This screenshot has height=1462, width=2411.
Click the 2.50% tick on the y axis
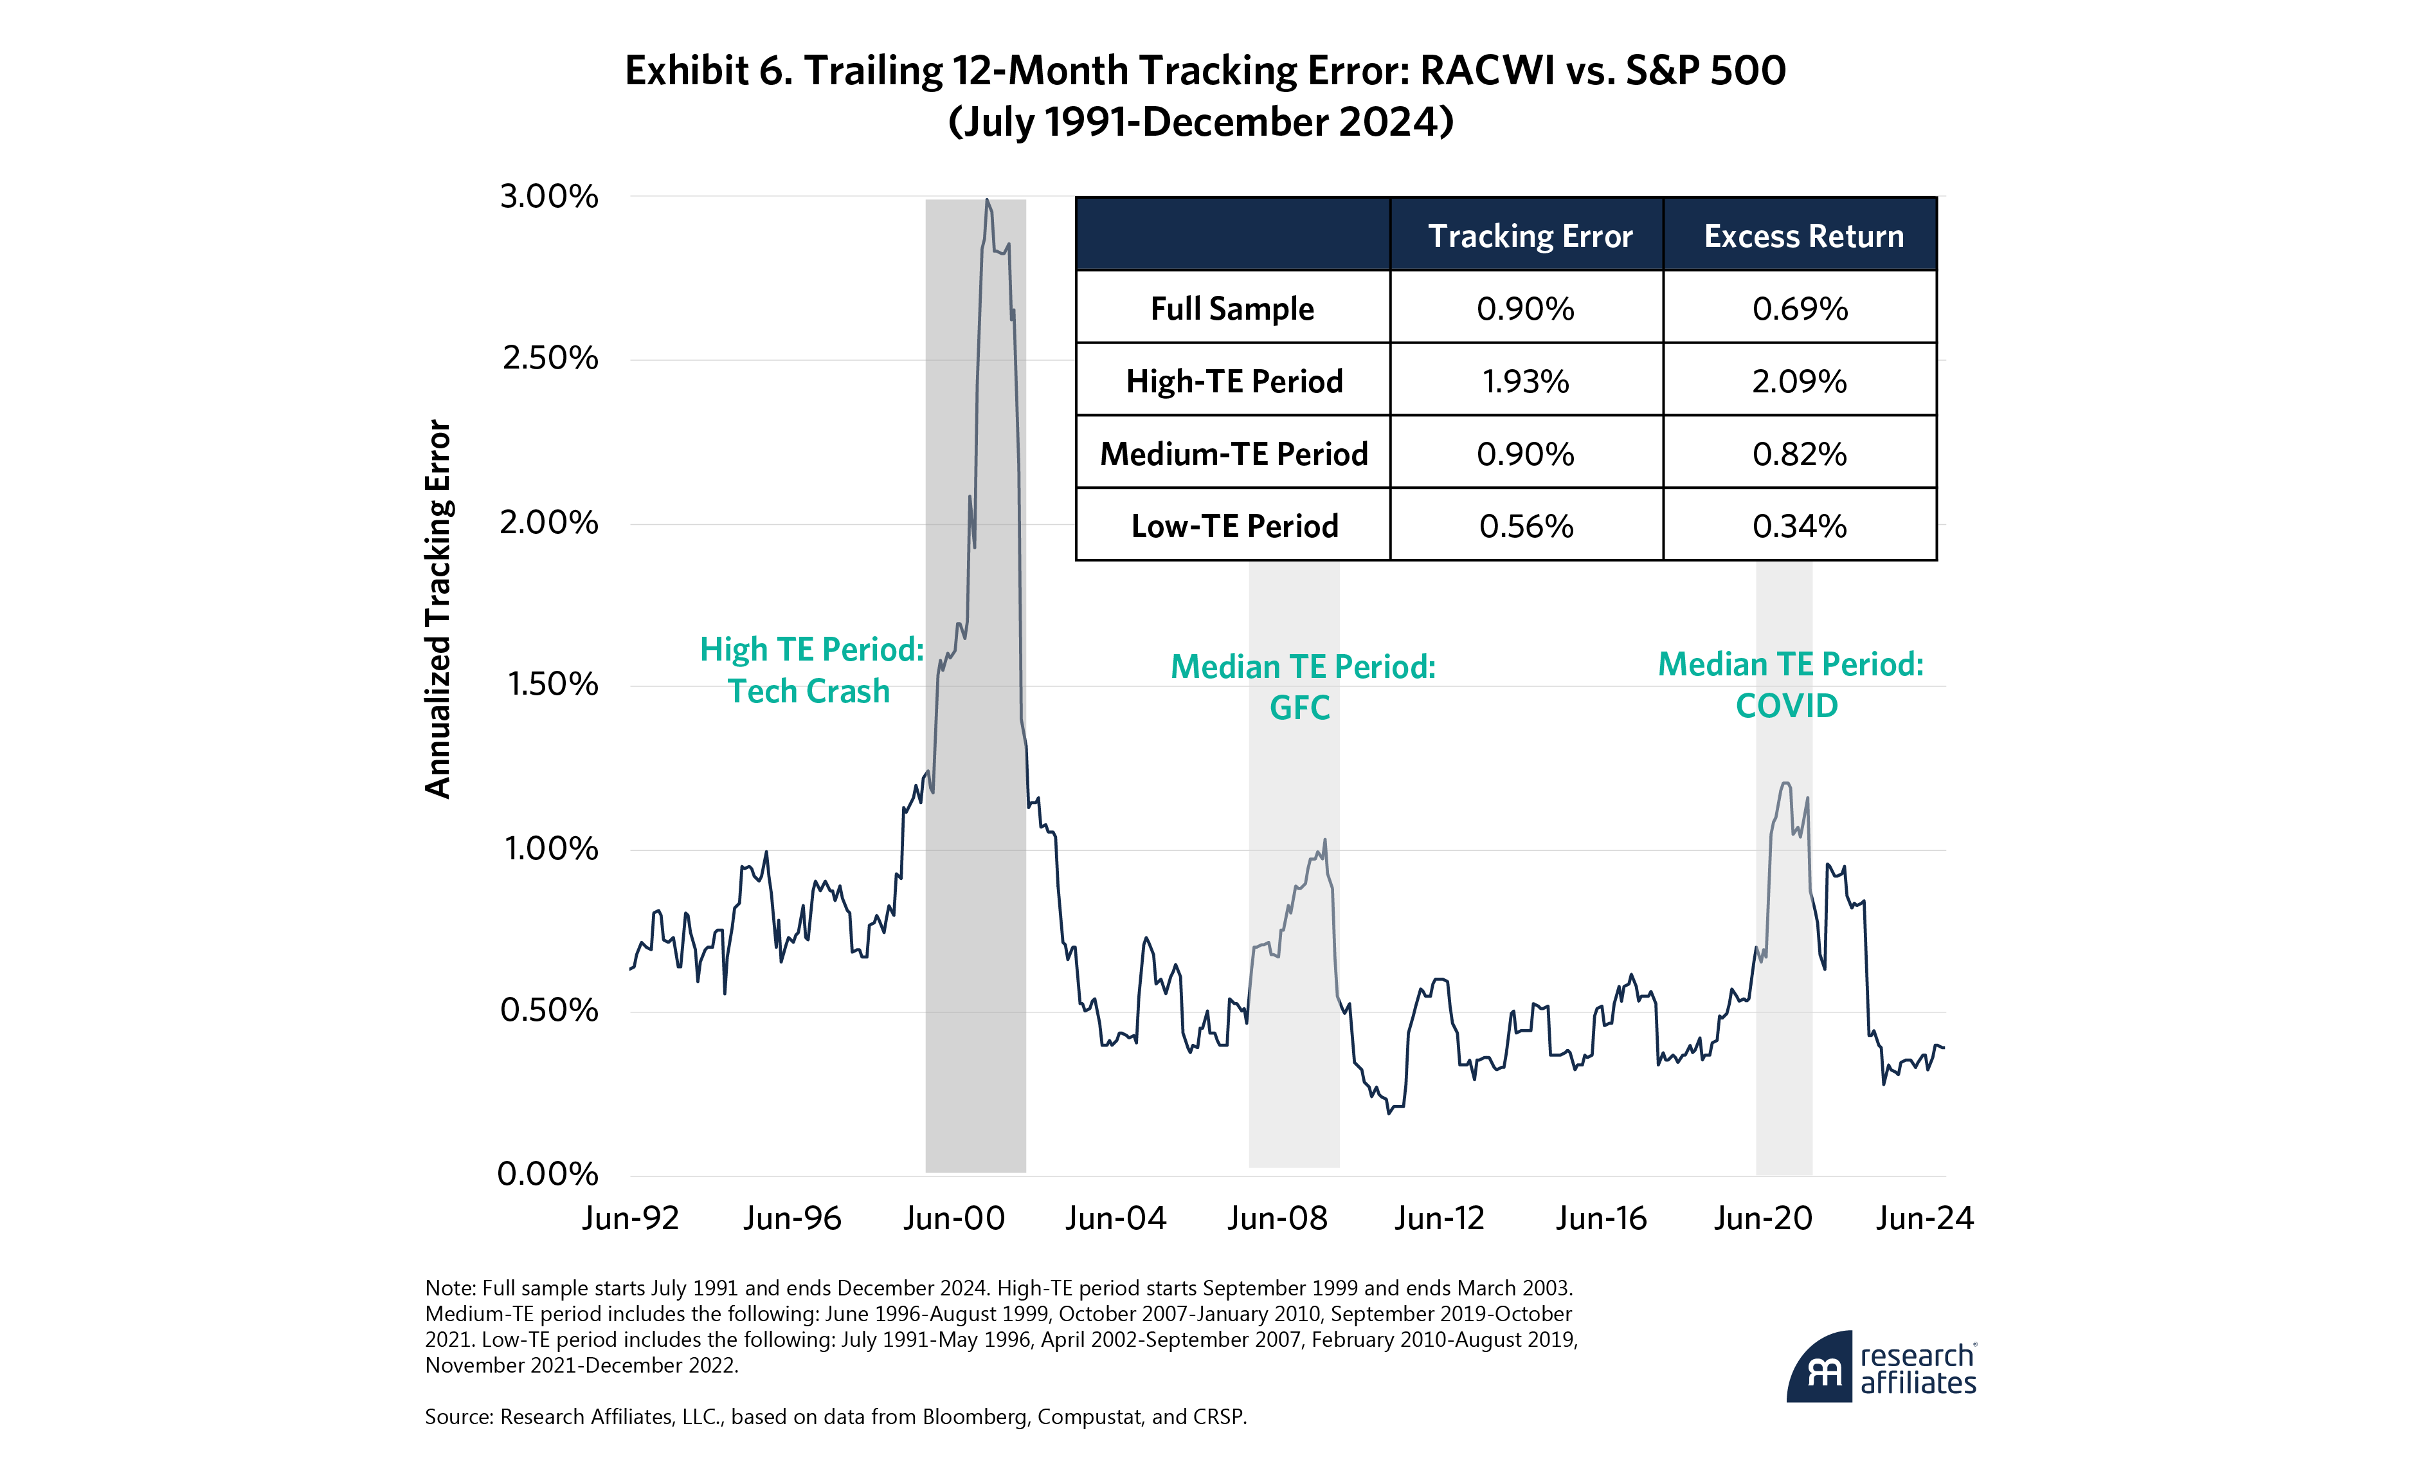point(549,358)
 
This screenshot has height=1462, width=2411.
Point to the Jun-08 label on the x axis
point(1277,1218)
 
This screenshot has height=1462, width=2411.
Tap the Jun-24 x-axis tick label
point(1924,1218)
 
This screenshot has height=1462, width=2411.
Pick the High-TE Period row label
point(1234,381)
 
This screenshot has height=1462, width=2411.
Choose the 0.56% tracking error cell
point(1526,527)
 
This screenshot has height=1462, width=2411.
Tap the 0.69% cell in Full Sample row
point(1800,308)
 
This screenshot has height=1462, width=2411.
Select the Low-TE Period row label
point(1234,527)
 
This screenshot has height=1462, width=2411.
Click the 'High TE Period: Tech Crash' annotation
point(811,670)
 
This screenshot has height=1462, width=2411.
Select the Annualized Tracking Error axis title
point(437,608)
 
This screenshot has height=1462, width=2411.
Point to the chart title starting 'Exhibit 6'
point(1204,96)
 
